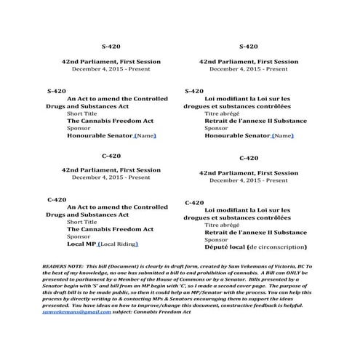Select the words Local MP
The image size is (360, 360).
pos(81,244)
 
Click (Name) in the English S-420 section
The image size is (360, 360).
pos(145,135)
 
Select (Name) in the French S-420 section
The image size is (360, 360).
pos(283,135)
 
